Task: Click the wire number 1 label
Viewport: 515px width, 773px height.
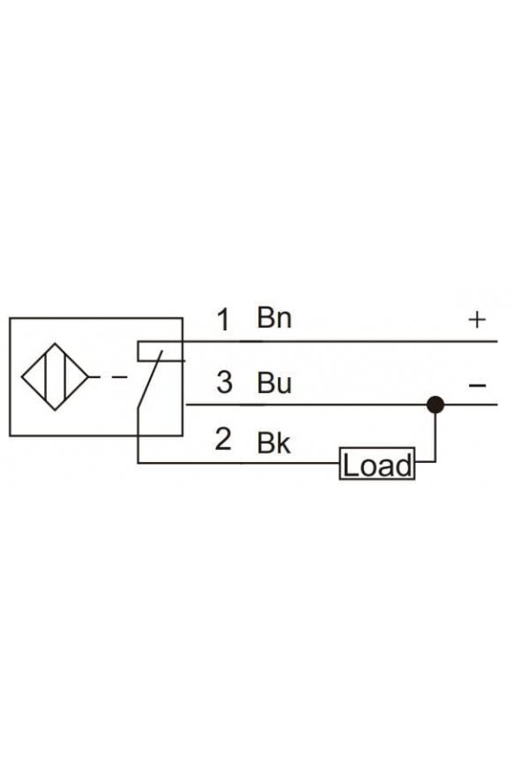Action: (223, 319)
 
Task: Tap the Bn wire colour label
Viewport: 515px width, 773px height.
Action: (274, 317)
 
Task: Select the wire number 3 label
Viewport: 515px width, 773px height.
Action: (224, 383)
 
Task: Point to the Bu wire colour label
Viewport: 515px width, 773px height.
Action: (274, 383)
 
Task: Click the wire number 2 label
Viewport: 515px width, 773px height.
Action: (223, 439)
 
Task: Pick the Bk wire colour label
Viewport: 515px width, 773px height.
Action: (274, 442)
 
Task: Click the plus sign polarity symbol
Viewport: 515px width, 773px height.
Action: (477, 320)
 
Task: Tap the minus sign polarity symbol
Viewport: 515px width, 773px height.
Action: (477, 385)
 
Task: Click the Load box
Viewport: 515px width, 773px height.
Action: (377, 464)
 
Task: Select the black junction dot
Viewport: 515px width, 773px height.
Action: (435, 405)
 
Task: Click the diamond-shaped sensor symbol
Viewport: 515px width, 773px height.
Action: (54, 377)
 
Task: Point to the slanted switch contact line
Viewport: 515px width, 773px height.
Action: (150, 379)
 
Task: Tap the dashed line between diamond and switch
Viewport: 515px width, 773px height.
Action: (108, 377)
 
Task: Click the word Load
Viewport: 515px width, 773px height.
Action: (377, 465)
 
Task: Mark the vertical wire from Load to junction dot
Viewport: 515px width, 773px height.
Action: (435, 433)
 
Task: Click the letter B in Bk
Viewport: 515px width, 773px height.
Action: (265, 443)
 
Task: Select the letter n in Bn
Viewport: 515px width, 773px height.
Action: (284, 320)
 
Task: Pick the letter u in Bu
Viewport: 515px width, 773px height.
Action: (284, 386)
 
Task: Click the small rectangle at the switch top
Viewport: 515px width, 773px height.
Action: (160, 351)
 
